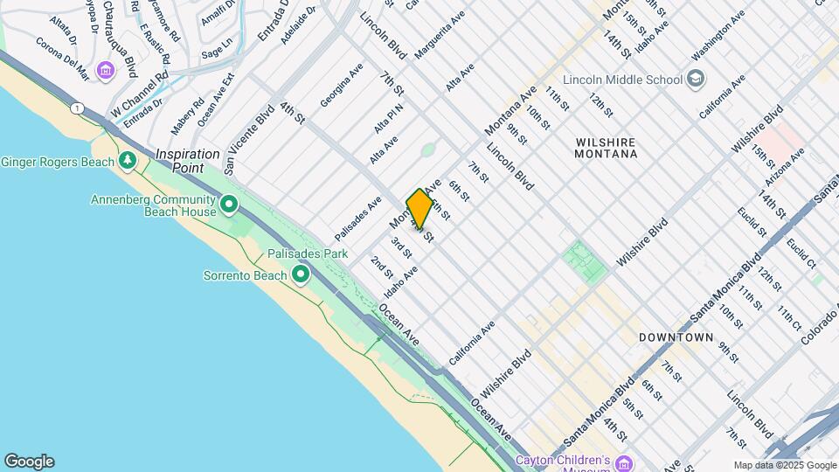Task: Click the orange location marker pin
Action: (419, 209)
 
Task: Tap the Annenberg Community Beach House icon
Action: (229, 206)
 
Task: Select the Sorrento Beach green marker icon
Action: (301, 275)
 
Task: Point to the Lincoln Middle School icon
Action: (695, 80)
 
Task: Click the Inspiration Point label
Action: (188, 154)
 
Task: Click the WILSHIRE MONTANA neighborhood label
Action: (606, 148)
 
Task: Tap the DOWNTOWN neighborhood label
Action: (676, 337)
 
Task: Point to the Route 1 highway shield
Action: (78, 108)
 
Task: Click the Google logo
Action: (29, 462)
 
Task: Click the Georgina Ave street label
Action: (342, 85)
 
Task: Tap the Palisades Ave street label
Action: (357, 219)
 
